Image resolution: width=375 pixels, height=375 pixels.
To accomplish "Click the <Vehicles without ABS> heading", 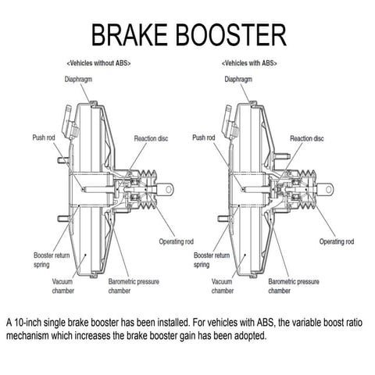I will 99,62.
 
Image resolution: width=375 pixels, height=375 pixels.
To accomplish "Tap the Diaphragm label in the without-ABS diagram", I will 80,79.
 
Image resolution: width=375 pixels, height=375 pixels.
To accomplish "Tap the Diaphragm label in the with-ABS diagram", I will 237,79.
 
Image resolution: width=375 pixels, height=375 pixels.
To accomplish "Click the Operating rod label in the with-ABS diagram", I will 338,240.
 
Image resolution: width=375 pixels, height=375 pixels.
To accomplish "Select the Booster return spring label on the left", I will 52,259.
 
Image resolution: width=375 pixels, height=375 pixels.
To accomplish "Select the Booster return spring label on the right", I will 211,259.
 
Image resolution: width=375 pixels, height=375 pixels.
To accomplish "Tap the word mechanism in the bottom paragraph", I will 32,336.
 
